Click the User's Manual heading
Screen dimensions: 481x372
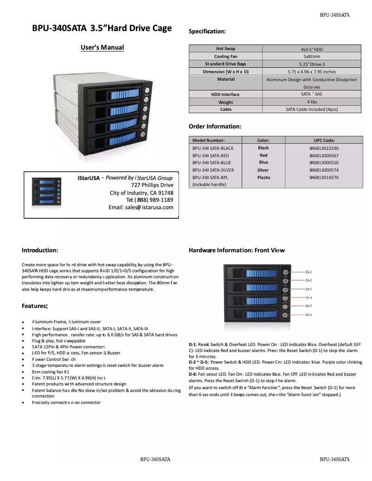(102, 47)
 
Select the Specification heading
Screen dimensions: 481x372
(207, 32)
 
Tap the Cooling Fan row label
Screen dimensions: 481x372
(225, 56)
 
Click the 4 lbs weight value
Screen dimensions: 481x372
(312, 102)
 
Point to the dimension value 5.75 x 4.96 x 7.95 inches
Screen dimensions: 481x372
(312, 72)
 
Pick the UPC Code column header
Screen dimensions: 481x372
(324, 140)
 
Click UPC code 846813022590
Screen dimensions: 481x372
(324, 148)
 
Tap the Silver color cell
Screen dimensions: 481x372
(263, 170)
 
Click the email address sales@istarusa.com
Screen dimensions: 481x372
(141, 207)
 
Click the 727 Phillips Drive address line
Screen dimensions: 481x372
(152, 185)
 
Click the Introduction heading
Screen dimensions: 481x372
(40, 250)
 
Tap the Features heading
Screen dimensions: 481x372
(35, 306)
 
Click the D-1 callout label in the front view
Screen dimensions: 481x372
(308, 272)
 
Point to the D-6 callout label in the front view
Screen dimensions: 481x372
(308, 315)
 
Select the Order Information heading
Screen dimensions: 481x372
(215, 127)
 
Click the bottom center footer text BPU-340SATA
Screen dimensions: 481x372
(155, 459)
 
